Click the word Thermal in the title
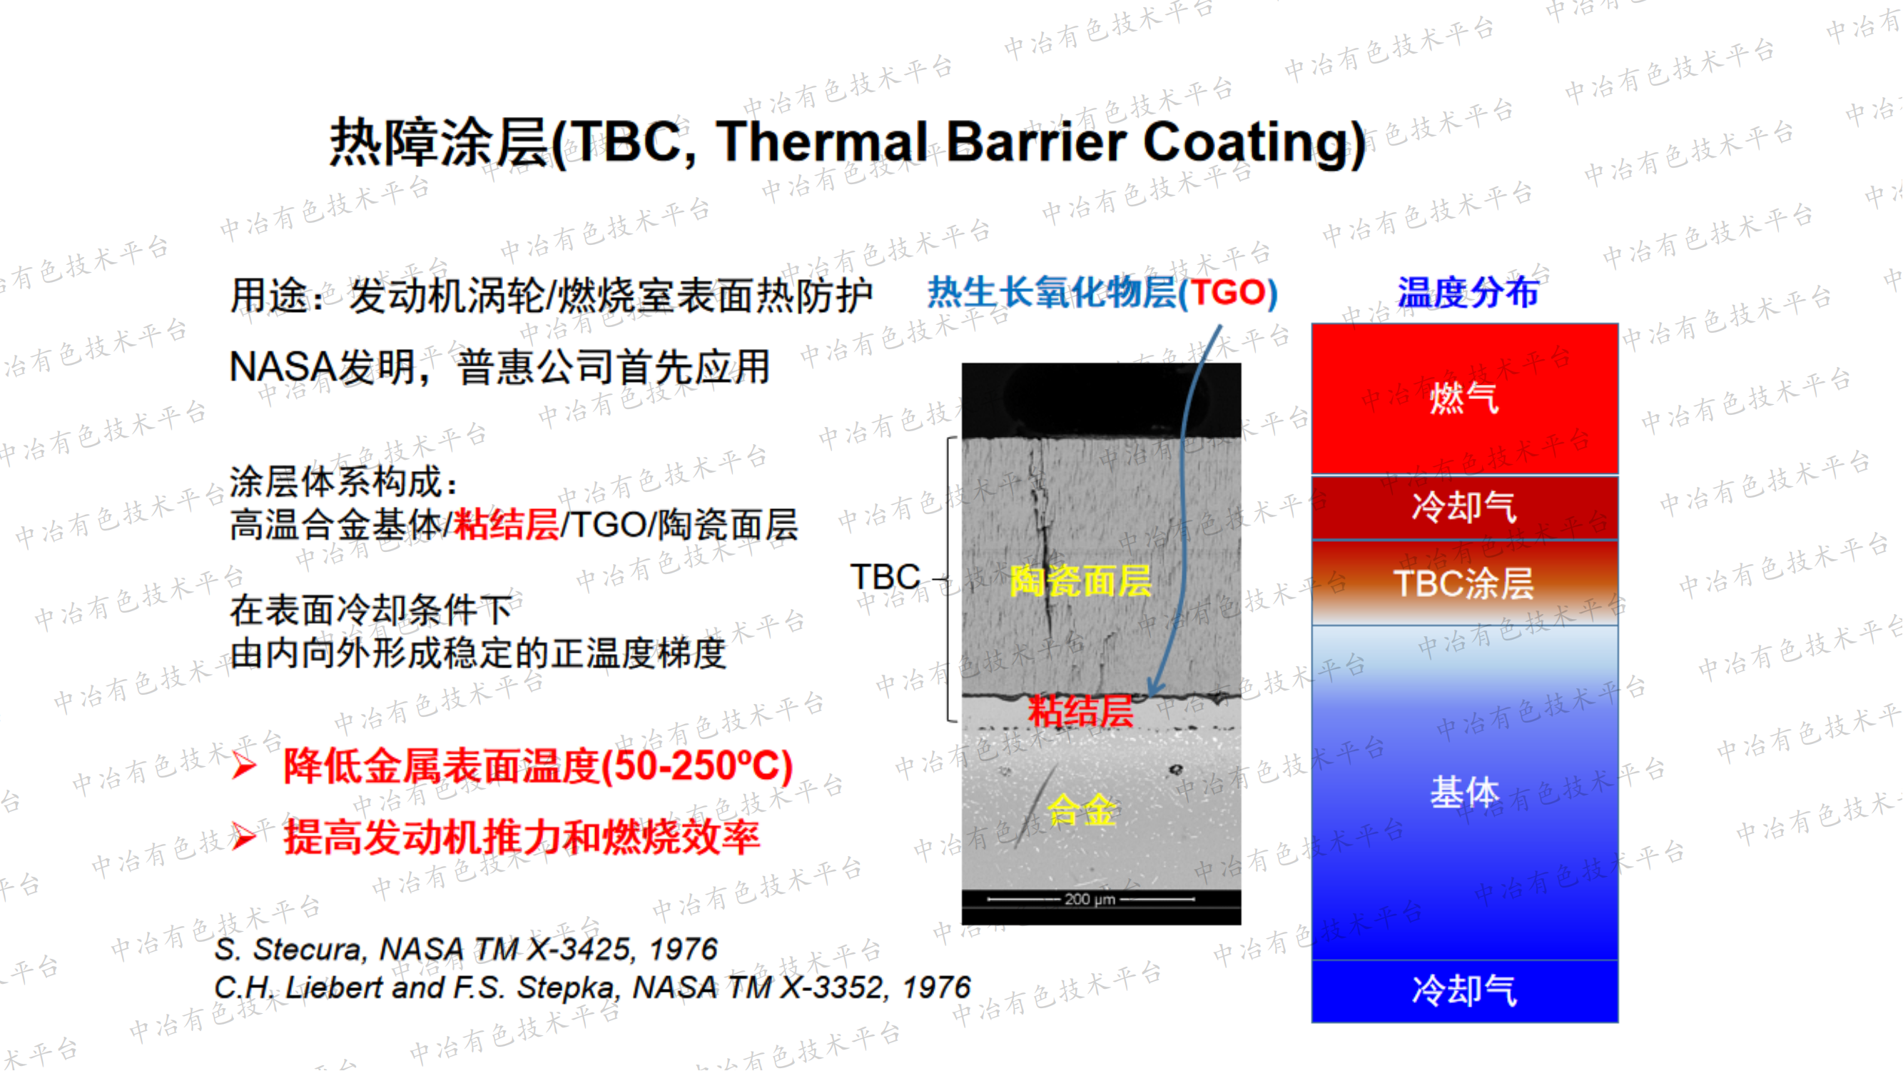coord(821,142)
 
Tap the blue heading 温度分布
coord(1467,293)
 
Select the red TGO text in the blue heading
coord(1227,293)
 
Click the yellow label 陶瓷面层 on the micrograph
coord(1080,581)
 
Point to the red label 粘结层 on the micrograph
coord(1080,711)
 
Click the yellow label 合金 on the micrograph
coord(1082,810)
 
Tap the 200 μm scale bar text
coord(1089,900)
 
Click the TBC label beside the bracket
coord(885,577)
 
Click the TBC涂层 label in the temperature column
coord(1463,584)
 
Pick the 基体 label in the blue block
coord(1463,793)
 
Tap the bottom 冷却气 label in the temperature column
coord(1463,990)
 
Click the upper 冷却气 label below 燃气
coord(1463,508)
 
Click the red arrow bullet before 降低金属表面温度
coord(244,765)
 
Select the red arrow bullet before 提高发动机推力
coord(244,838)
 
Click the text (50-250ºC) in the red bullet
coord(696,765)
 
